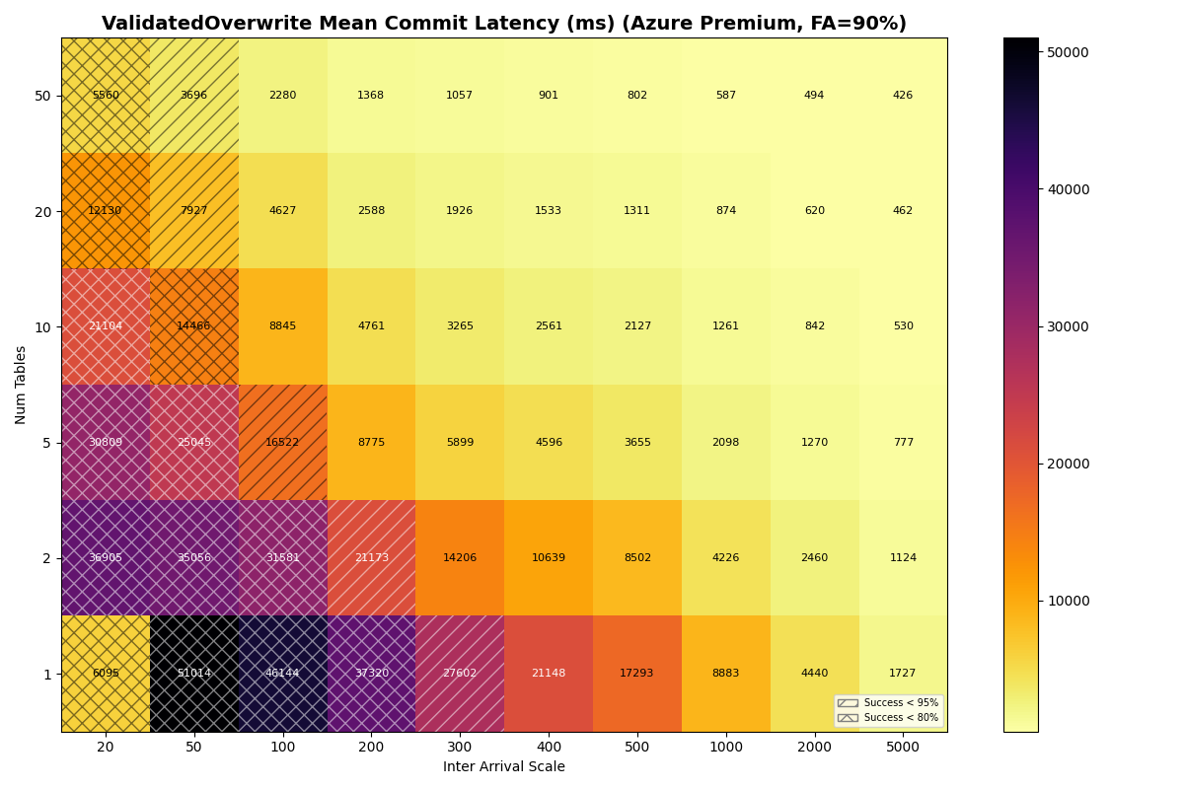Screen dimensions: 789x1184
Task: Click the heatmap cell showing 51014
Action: [x=193, y=674]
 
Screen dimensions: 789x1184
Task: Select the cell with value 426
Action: [x=903, y=96]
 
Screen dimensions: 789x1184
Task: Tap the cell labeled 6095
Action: [x=106, y=674]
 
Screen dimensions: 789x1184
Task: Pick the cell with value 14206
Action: [x=460, y=558]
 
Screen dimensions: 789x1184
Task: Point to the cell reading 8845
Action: [x=282, y=326]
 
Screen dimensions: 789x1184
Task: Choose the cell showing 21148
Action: [x=549, y=674]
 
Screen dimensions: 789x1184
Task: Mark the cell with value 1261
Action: [x=725, y=326]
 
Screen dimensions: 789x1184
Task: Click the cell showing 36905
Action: [x=106, y=558]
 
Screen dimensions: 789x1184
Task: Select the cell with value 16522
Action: [x=282, y=443]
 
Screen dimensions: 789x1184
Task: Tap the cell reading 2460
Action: [x=814, y=558]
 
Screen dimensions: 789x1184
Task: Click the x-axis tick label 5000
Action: [x=903, y=748]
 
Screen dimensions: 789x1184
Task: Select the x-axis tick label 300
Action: [x=460, y=748]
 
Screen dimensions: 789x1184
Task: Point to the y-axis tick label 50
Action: [x=42, y=96]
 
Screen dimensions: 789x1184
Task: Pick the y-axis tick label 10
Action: [x=42, y=326]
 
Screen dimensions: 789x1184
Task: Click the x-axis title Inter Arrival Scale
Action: [x=504, y=767]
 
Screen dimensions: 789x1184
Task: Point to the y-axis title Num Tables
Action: [x=21, y=385]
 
